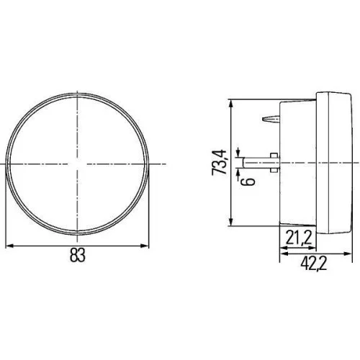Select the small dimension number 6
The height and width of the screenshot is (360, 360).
[251, 179]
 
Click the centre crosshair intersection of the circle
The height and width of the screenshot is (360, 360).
[78, 165]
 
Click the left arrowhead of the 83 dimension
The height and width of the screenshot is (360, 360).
[9, 246]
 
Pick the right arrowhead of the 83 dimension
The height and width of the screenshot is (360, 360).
[146, 246]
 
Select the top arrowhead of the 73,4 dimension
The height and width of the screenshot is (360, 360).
[232, 102]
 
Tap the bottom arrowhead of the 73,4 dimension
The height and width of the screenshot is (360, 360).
[232, 222]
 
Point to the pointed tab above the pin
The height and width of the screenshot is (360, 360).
[271, 118]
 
